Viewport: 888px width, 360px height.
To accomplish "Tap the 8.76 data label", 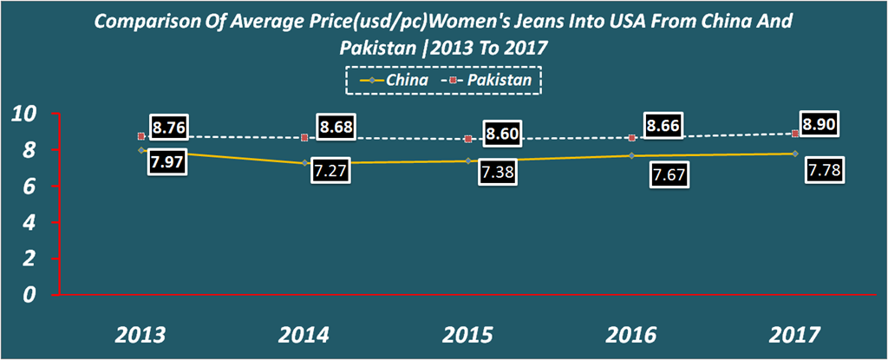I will pos(169,128).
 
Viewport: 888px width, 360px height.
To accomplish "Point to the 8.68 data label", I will pos(336,128).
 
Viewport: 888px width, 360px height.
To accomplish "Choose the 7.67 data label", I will pos(669,177).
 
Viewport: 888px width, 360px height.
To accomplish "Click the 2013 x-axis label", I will pos(140,335).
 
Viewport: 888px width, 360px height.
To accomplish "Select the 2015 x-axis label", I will pos(469,335).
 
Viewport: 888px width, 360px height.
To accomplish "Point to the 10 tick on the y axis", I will pos(23,114).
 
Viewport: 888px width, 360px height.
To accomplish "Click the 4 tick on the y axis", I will pos(30,222).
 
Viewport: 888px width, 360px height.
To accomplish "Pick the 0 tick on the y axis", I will pos(30,294).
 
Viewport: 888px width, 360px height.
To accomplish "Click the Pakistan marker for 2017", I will pos(795,134).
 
